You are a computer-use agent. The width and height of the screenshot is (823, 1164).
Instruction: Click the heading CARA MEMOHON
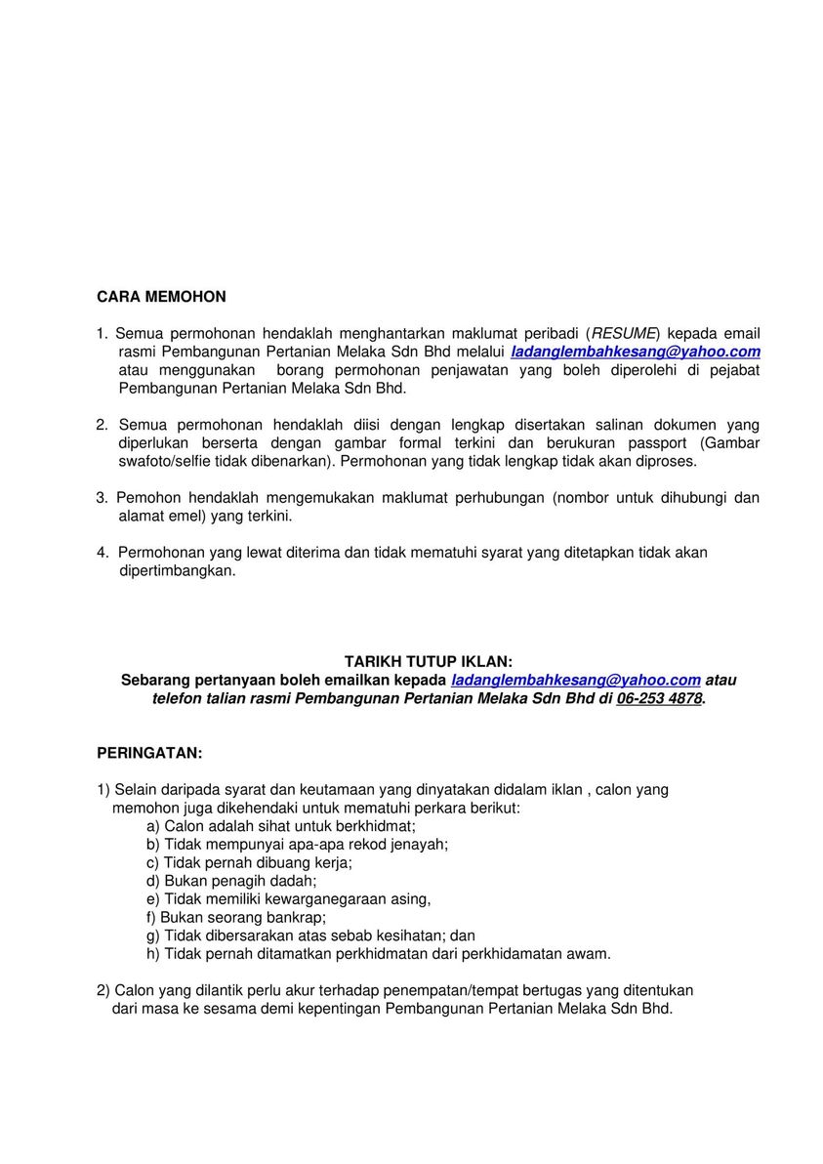point(161,297)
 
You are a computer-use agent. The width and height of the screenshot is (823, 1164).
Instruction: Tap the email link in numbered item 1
point(636,352)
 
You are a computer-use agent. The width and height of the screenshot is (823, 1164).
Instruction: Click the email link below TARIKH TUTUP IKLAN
point(576,680)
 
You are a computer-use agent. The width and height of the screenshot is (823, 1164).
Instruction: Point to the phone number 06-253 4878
point(659,698)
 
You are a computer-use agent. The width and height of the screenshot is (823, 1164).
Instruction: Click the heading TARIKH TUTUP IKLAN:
point(428,661)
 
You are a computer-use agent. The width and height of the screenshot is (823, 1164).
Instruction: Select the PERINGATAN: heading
point(149,753)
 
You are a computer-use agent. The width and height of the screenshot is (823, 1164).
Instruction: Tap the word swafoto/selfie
point(163,461)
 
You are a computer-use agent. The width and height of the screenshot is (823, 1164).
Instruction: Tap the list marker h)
point(152,954)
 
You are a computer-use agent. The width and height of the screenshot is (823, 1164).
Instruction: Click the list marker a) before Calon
point(152,825)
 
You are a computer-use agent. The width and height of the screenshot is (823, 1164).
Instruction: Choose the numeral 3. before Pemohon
point(102,498)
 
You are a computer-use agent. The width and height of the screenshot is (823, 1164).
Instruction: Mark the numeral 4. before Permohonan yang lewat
point(102,553)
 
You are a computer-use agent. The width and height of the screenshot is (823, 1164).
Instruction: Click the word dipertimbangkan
point(177,570)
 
